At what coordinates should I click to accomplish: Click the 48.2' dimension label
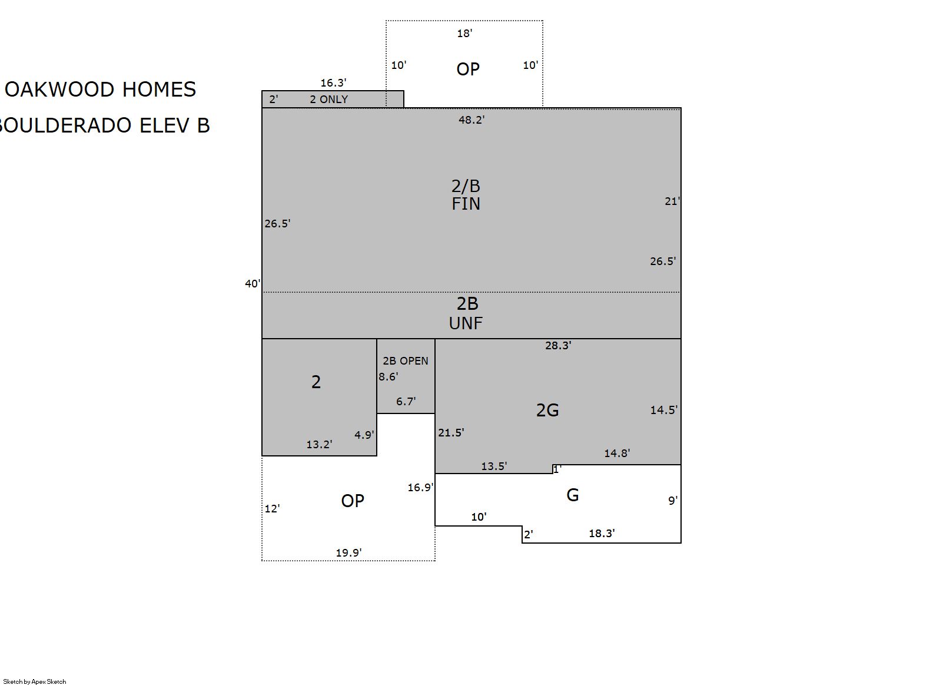(472, 120)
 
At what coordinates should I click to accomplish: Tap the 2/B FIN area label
(466, 195)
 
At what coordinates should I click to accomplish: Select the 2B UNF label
(466, 313)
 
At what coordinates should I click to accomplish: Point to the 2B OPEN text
(405, 361)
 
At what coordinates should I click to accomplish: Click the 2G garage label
(547, 411)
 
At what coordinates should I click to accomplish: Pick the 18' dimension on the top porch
(464, 34)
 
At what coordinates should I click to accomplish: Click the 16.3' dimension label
(333, 83)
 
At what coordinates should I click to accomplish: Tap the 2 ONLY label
(328, 100)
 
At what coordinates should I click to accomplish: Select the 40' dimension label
(253, 284)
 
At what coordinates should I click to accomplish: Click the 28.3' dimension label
(558, 345)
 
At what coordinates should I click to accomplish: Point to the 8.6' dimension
(388, 377)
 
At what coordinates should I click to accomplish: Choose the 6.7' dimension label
(406, 402)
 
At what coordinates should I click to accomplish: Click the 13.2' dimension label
(319, 445)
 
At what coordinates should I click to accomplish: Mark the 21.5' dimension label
(451, 433)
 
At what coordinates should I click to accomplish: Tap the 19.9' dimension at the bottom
(348, 553)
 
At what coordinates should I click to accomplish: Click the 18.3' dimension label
(602, 533)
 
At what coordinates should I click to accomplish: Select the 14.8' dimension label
(617, 454)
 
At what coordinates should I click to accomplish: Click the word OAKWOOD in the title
(59, 90)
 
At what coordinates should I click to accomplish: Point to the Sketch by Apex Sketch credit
(35, 681)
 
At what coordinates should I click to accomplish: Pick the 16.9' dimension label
(420, 488)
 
